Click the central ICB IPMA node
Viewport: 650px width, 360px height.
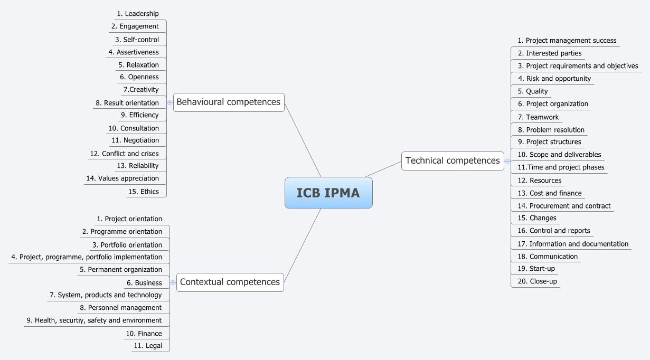click(x=328, y=193)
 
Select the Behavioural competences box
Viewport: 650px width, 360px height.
click(x=229, y=102)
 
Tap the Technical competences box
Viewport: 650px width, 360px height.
click(x=453, y=160)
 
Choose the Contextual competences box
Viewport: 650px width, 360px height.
click(x=230, y=282)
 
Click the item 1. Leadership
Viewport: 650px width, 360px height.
click(x=138, y=14)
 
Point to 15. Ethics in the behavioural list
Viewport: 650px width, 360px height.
click(x=143, y=192)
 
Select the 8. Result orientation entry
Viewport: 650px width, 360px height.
click(x=127, y=103)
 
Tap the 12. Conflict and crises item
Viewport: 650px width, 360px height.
click(x=124, y=154)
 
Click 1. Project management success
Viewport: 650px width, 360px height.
click(x=567, y=41)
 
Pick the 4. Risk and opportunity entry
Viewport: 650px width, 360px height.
click(x=554, y=79)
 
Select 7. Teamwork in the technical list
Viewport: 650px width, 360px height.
click(x=538, y=117)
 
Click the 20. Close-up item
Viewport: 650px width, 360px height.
click(x=537, y=281)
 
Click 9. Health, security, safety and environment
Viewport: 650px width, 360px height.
click(x=94, y=320)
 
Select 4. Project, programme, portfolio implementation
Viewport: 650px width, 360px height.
click(x=87, y=257)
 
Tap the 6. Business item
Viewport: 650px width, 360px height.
click(x=144, y=283)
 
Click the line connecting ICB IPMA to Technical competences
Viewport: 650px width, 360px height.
click(x=383, y=169)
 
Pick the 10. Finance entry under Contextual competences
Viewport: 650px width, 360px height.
click(x=144, y=334)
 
